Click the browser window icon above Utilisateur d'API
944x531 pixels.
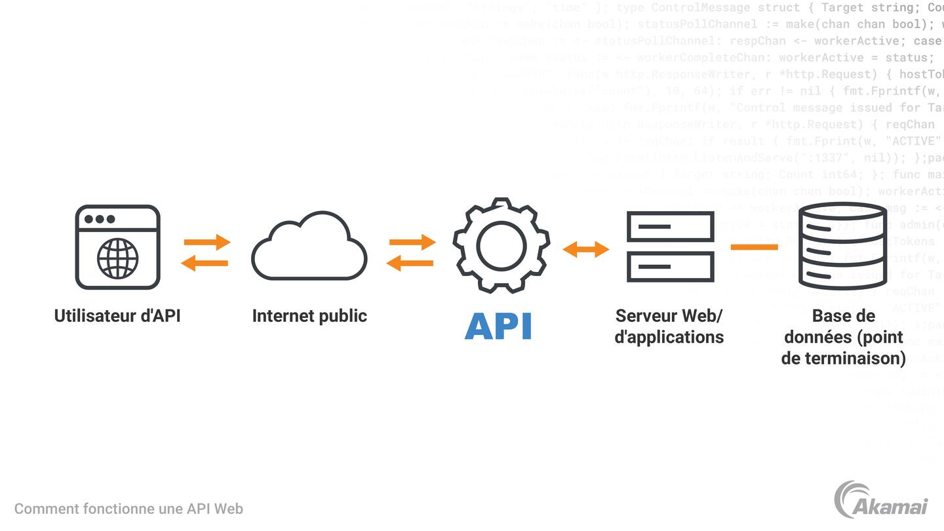118,247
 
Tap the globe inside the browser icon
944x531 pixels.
118,258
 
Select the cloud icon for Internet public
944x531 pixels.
309,248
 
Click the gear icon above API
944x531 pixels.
501,245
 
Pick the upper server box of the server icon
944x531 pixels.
670,227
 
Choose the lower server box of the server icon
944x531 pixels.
670,267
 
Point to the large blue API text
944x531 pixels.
498,326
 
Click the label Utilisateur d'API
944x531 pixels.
117,316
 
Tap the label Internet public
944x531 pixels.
309,316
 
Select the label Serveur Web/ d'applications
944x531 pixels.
669,326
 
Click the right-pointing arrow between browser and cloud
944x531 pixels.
207,242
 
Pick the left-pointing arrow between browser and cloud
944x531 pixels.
205,264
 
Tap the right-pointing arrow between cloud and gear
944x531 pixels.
412,242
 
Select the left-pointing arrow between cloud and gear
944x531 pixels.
410,264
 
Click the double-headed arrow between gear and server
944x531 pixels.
586,249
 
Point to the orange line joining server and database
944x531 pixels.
754,247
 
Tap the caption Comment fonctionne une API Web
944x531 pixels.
128,509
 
